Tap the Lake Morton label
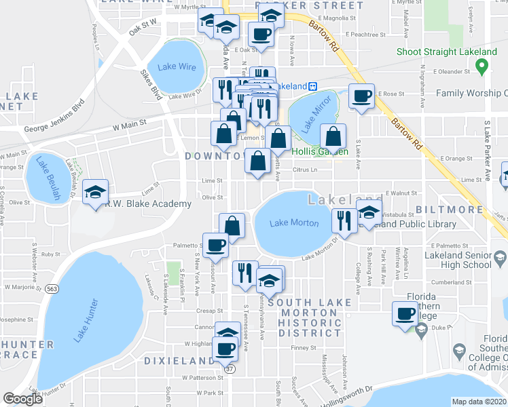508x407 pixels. [294, 223]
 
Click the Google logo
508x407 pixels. [22, 399]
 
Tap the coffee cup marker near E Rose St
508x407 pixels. [361, 96]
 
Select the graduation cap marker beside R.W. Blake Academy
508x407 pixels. [94, 191]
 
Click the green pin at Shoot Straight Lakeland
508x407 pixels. [482, 66]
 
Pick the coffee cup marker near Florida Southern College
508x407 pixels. [406, 313]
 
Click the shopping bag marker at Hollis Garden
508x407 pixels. [332, 137]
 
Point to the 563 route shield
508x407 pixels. [53, 288]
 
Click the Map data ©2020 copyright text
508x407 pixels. [479, 402]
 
